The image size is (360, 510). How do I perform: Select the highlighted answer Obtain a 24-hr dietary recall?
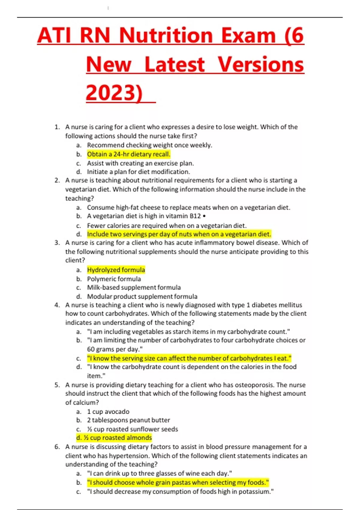[x=129, y=154]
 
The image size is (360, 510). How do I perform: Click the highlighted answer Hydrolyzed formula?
[x=116, y=270]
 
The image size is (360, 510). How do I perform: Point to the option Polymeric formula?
[x=114, y=279]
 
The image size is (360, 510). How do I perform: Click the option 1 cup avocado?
[x=108, y=412]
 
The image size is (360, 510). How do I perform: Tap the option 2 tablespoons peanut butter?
[x=128, y=420]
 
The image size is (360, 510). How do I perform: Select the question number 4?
[x=57, y=305]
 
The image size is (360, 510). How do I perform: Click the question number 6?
[x=57, y=447]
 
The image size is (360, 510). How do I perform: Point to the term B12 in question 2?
[x=195, y=216]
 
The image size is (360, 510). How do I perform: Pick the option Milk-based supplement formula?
[x=134, y=287]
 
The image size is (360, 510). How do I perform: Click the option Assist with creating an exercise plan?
[x=140, y=163]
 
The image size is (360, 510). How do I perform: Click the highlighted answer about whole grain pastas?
[x=178, y=482]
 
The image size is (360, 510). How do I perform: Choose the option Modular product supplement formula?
[x=142, y=296]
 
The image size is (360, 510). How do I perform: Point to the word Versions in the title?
[x=261, y=64]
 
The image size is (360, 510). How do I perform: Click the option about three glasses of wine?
[x=159, y=473]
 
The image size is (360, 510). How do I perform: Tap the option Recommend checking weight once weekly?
[x=149, y=145]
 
